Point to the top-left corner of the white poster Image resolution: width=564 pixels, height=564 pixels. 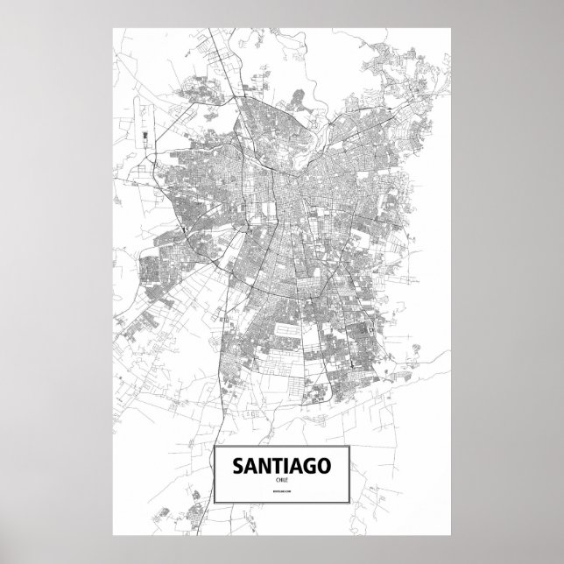(114, 25)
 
